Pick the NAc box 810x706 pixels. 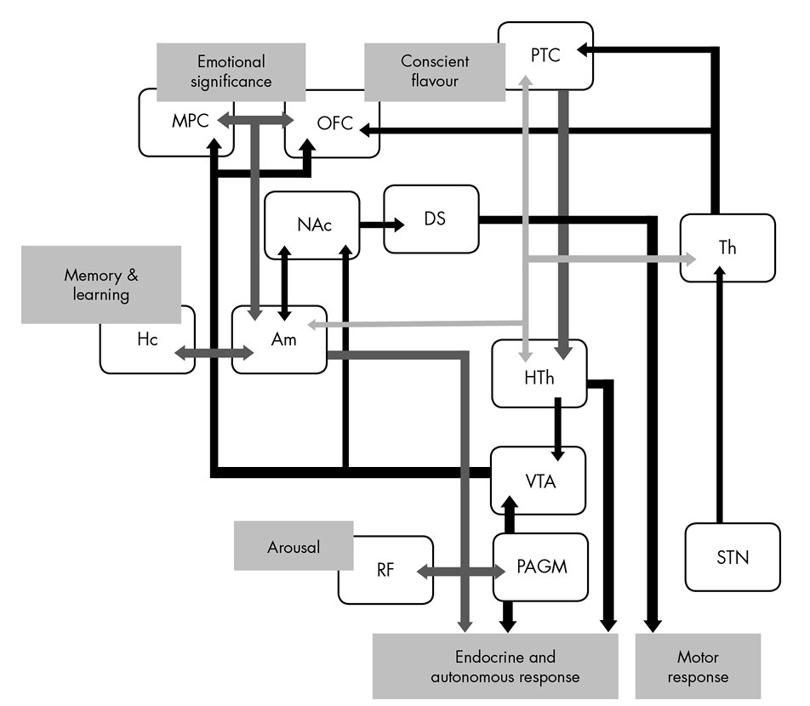click(311, 225)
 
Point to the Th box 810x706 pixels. click(727, 248)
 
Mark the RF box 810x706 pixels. click(385, 570)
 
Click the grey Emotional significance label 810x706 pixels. click(231, 71)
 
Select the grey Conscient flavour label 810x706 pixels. click(435, 71)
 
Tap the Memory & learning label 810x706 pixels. click(101, 285)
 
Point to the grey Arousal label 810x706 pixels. click(293, 546)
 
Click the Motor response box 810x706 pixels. click(698, 667)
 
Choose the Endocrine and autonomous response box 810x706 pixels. click(493, 667)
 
